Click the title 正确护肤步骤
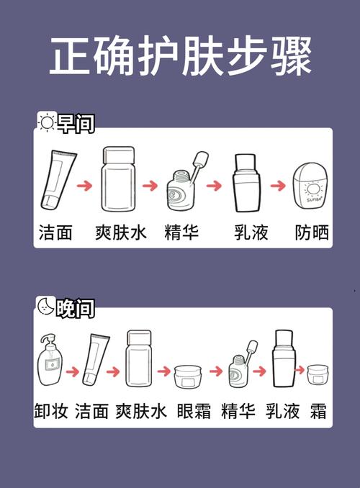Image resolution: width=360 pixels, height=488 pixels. pyautogui.click(x=180, y=58)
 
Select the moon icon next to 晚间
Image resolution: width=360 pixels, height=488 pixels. pyautogui.click(x=46, y=307)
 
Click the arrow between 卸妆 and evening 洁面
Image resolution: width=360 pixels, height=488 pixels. pyautogui.click(x=72, y=372)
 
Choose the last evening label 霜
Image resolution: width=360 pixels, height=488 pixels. pyautogui.click(x=318, y=411)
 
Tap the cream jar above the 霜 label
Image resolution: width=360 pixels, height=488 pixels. pyautogui.click(x=318, y=375)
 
